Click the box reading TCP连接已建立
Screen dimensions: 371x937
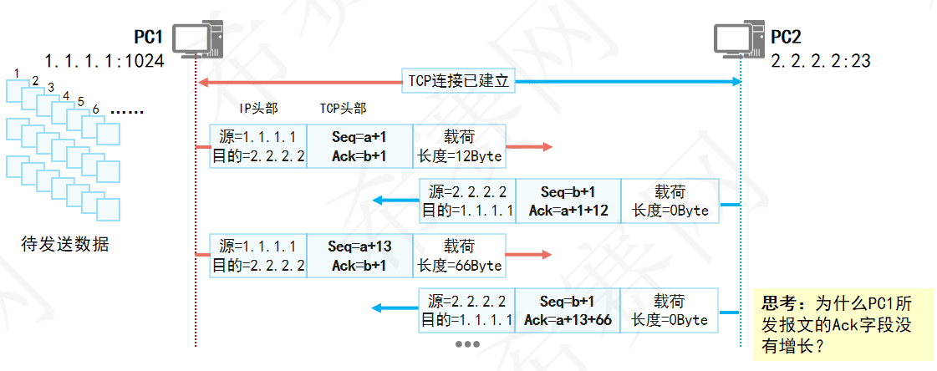[x=458, y=81]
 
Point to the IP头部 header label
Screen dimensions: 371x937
[x=257, y=109]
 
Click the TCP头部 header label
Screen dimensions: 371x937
[x=343, y=109]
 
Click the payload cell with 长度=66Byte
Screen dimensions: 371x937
[x=459, y=256]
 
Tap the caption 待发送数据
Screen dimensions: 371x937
[x=64, y=245]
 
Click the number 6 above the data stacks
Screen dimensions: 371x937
[x=96, y=109]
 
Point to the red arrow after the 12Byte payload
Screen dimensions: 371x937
[x=530, y=147]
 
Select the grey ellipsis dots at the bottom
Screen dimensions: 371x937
[x=466, y=344]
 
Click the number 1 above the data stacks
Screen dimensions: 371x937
[x=18, y=74]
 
